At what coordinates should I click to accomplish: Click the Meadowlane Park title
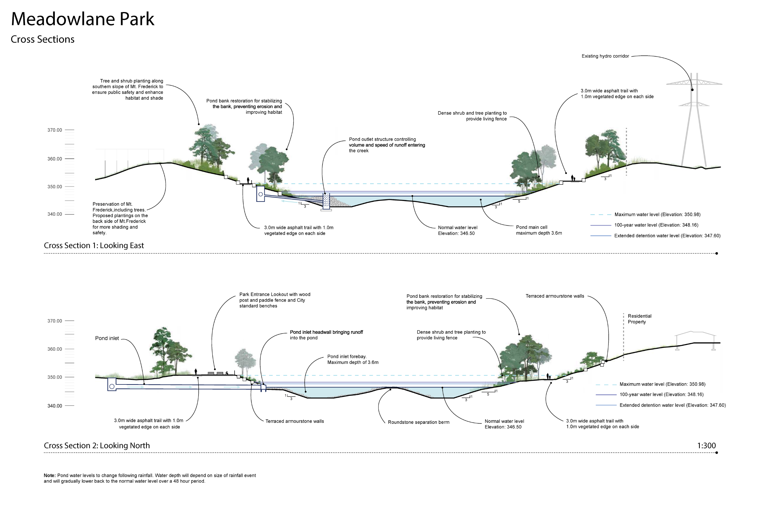point(82,19)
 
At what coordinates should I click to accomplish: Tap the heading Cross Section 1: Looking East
point(94,246)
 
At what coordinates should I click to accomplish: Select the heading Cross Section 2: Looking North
point(97,446)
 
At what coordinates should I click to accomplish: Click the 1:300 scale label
point(706,446)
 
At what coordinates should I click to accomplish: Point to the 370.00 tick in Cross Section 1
point(55,130)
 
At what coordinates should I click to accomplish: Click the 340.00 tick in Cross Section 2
point(55,406)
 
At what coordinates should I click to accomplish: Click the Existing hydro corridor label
point(605,56)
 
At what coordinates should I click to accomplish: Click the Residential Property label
point(639,319)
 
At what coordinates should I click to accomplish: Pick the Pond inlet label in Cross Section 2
point(107,338)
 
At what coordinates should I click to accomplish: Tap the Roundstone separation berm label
point(418,422)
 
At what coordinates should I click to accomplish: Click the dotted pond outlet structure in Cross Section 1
point(326,200)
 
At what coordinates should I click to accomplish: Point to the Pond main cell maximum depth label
point(539,230)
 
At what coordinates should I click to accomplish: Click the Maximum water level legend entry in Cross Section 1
point(657,215)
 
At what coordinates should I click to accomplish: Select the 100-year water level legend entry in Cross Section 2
point(661,395)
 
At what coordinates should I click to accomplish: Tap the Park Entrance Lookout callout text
point(275,300)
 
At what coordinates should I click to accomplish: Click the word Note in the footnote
point(49,476)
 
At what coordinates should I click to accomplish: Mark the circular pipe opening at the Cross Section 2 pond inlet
point(112,387)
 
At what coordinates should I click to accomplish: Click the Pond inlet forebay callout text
point(353,360)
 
